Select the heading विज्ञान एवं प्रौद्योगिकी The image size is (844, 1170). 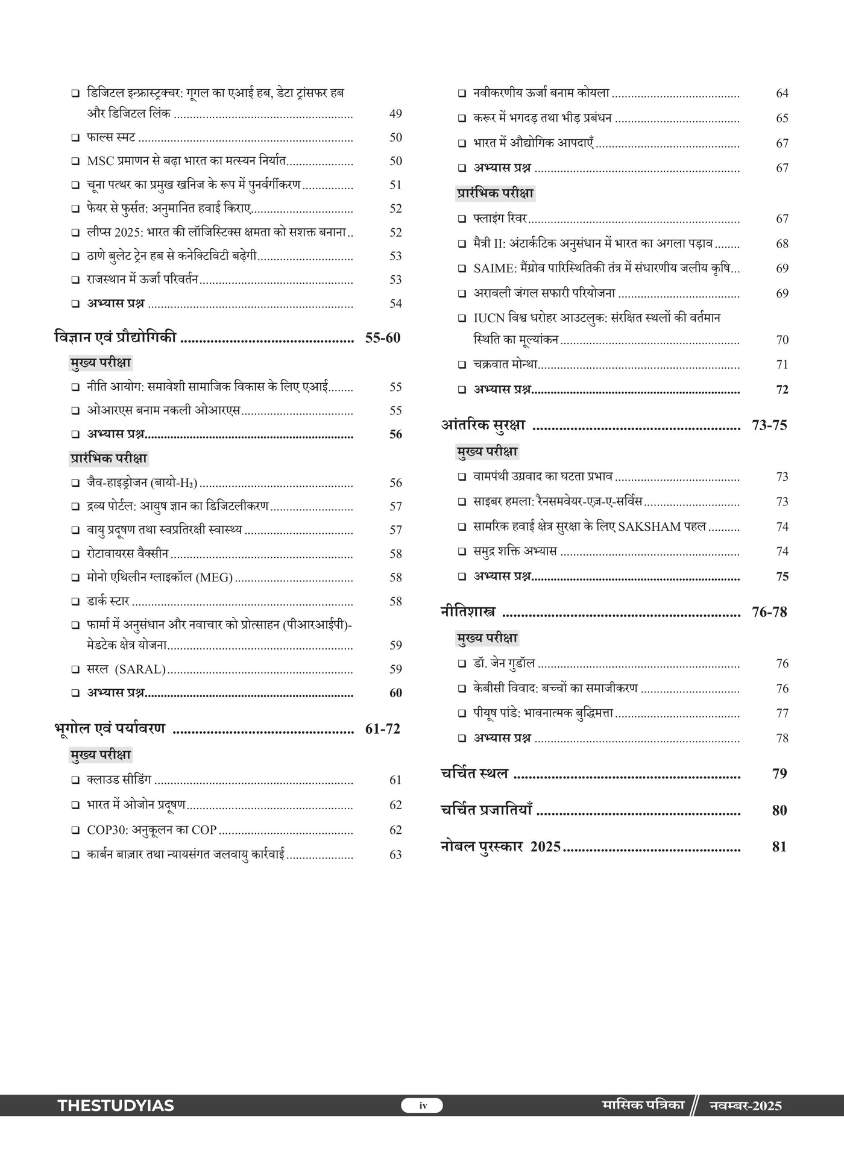[x=115, y=337]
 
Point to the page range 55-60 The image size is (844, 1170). [x=382, y=338]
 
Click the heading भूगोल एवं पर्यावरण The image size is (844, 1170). [x=109, y=728]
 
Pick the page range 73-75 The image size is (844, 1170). [x=769, y=425]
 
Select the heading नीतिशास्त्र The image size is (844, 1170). [x=468, y=612]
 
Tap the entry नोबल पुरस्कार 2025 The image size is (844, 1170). [x=500, y=846]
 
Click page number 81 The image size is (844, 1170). [x=779, y=846]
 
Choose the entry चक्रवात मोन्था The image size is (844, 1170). [x=505, y=364]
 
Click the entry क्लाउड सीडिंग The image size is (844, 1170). [x=119, y=780]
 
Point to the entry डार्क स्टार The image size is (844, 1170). [x=108, y=601]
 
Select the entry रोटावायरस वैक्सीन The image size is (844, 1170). [x=127, y=554]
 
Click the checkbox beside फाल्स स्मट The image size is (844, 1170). [x=75, y=138]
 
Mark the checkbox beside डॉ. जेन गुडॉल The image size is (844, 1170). [x=462, y=664]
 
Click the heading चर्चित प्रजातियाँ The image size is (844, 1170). [x=486, y=810]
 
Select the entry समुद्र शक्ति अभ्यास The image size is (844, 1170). [x=515, y=551]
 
